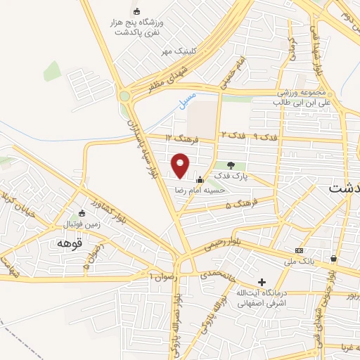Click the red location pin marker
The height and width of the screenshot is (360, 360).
(x=181, y=165)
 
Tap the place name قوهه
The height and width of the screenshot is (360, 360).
(x=71, y=242)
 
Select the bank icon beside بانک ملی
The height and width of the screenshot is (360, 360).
(x=300, y=251)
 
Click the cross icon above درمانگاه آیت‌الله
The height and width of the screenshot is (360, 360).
(x=262, y=281)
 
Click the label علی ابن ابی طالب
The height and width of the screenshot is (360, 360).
(x=303, y=102)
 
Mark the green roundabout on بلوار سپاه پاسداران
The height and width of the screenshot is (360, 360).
(x=127, y=96)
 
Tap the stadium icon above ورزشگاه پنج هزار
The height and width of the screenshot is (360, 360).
(x=137, y=11)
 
